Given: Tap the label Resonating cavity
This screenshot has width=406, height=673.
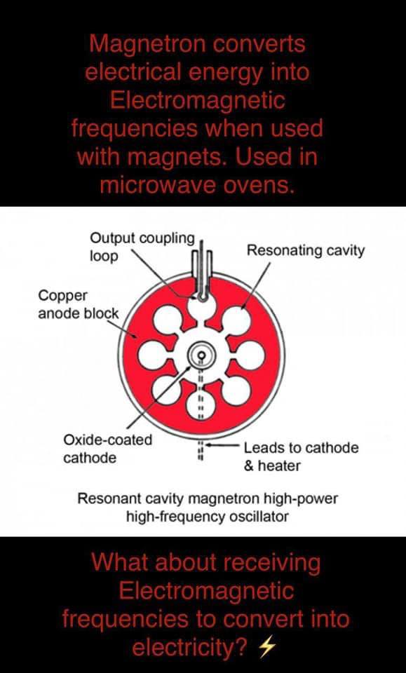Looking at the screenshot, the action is [x=305, y=250].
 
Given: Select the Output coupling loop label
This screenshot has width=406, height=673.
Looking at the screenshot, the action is [x=142, y=247].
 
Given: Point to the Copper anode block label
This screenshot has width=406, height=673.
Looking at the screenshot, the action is [x=79, y=304].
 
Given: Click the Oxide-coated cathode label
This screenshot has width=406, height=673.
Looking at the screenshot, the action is [x=108, y=449].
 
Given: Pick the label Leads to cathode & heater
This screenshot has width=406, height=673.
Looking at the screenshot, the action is [x=302, y=456].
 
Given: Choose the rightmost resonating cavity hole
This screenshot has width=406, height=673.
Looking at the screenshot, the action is [x=251, y=356].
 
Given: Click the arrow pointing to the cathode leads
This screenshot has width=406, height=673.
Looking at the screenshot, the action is [x=223, y=445].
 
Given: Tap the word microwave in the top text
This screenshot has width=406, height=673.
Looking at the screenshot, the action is [x=158, y=185].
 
